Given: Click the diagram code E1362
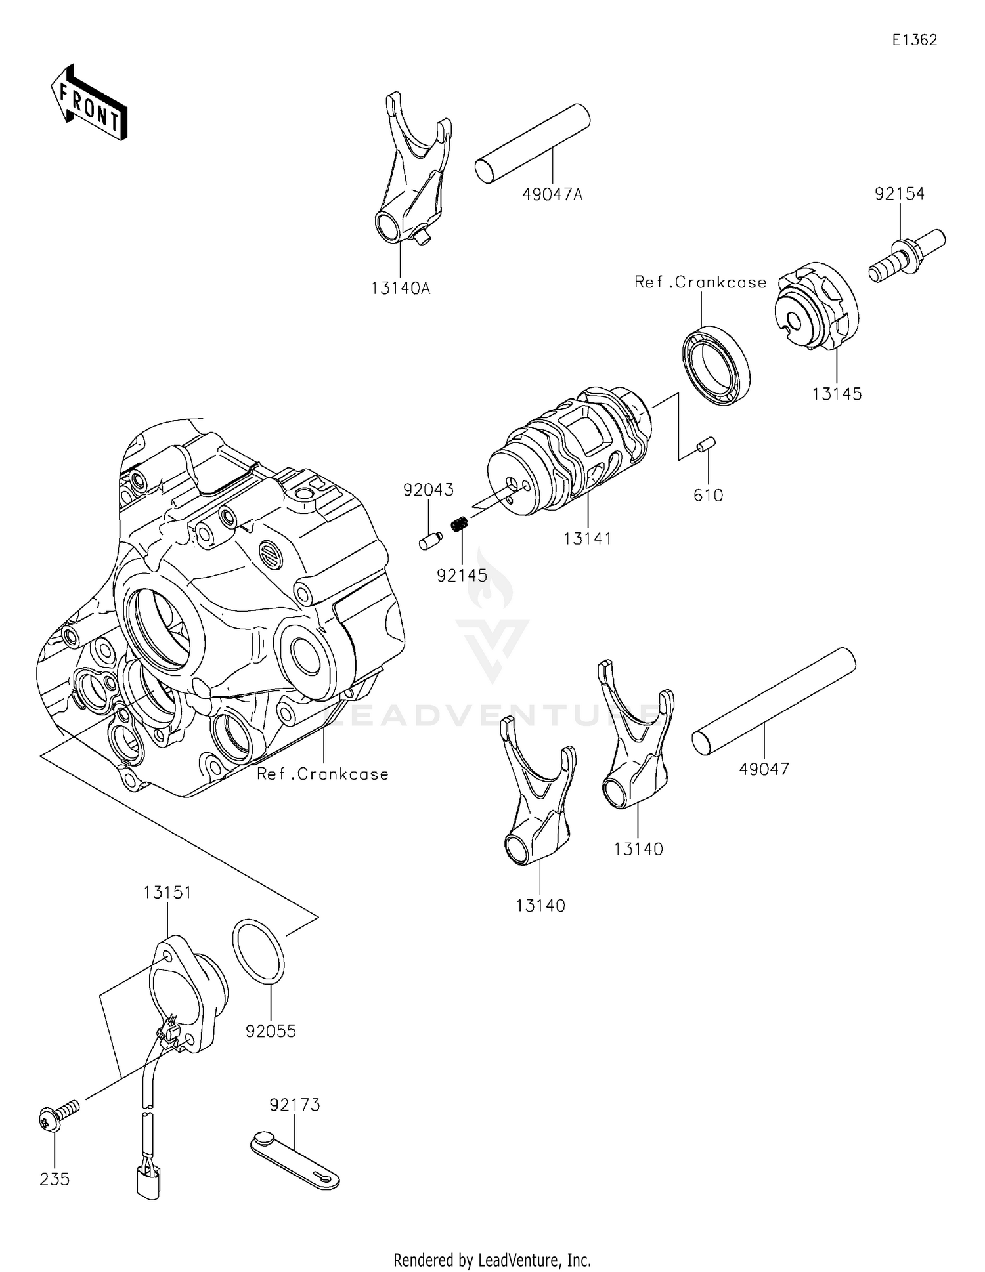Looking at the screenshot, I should click(914, 40).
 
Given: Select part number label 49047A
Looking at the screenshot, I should click(552, 194).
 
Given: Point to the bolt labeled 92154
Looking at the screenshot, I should click(907, 255).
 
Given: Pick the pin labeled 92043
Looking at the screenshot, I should click(430, 541).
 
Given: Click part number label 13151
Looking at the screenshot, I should click(167, 892).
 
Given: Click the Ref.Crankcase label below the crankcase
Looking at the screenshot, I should click(322, 774).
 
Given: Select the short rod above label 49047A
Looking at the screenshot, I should click(532, 142).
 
